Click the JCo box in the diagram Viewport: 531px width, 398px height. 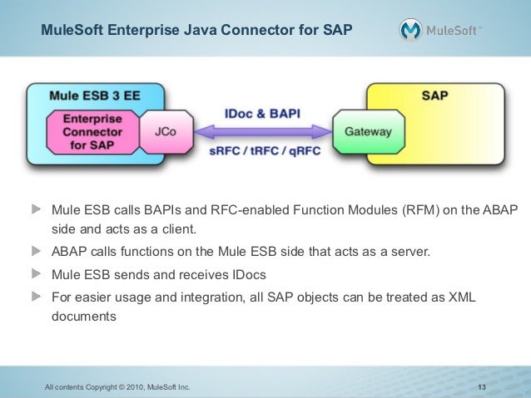pyautogui.click(x=165, y=131)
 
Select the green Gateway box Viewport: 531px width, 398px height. pyautogui.click(x=363, y=131)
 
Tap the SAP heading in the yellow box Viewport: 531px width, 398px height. pyautogui.click(x=434, y=96)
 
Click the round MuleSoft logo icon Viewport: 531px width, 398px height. pyautogui.click(x=411, y=30)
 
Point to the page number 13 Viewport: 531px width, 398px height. pyautogui.click(x=482, y=387)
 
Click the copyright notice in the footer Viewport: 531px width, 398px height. pyautogui.click(x=117, y=387)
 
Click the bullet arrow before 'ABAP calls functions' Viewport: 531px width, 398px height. pyautogui.click(x=37, y=249)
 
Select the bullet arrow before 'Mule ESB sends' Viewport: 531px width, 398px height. pyautogui.click(x=37, y=273)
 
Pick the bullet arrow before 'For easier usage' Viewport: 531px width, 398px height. pyautogui.click(x=37, y=295)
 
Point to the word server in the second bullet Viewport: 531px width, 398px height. pyautogui.click(x=412, y=250)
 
